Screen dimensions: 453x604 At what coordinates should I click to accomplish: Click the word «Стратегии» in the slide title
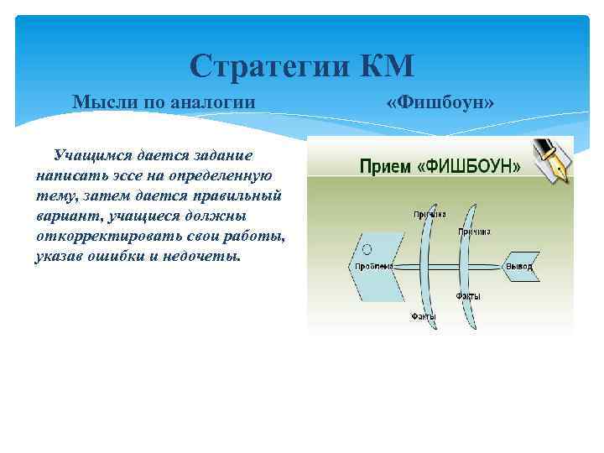261,65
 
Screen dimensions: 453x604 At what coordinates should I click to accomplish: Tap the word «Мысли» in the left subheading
98,102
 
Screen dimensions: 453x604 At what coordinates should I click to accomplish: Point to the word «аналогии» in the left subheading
213,102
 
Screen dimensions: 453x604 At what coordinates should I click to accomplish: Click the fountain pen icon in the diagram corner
555,159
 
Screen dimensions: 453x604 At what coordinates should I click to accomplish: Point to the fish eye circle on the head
366,249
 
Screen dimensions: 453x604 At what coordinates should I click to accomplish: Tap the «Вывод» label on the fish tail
518,267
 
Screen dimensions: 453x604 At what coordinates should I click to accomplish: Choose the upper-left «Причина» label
429,215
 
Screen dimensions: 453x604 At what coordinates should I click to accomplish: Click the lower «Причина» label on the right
474,231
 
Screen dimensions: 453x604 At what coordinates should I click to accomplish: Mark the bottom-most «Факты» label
423,316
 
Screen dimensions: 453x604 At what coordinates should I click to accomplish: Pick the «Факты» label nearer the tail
468,296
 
